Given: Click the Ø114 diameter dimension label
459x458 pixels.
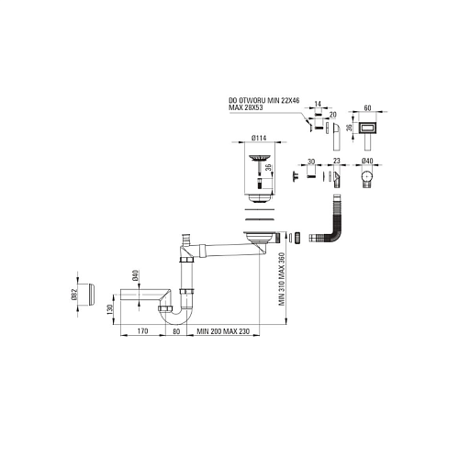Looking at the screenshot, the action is point(259,138).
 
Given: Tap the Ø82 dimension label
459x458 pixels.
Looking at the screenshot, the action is point(76,294).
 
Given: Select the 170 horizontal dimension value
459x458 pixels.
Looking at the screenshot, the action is point(142,330).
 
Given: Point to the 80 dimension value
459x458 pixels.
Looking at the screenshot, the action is point(176,330).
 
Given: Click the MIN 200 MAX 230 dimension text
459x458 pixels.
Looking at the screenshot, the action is point(223,331).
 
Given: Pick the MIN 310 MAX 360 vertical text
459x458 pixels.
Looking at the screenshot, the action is point(282,279).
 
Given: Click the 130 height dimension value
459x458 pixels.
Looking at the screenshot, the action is point(110,309).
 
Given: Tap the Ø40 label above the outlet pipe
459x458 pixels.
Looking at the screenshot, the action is point(136,275).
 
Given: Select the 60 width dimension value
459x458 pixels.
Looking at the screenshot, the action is point(367,108).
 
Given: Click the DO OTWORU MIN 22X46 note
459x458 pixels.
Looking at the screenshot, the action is point(264,101).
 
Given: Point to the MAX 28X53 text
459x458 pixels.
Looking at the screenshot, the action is point(246,107).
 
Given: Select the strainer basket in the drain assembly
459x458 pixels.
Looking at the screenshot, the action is point(259,158).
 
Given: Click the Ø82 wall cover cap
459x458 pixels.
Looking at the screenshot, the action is point(90,294).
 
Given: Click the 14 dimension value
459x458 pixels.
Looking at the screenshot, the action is point(318,104).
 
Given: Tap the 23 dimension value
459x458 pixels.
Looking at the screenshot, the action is point(337,161).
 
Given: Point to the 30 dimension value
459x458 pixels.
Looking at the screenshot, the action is point(311,162).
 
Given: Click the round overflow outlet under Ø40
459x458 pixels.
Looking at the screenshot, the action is point(367,177).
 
